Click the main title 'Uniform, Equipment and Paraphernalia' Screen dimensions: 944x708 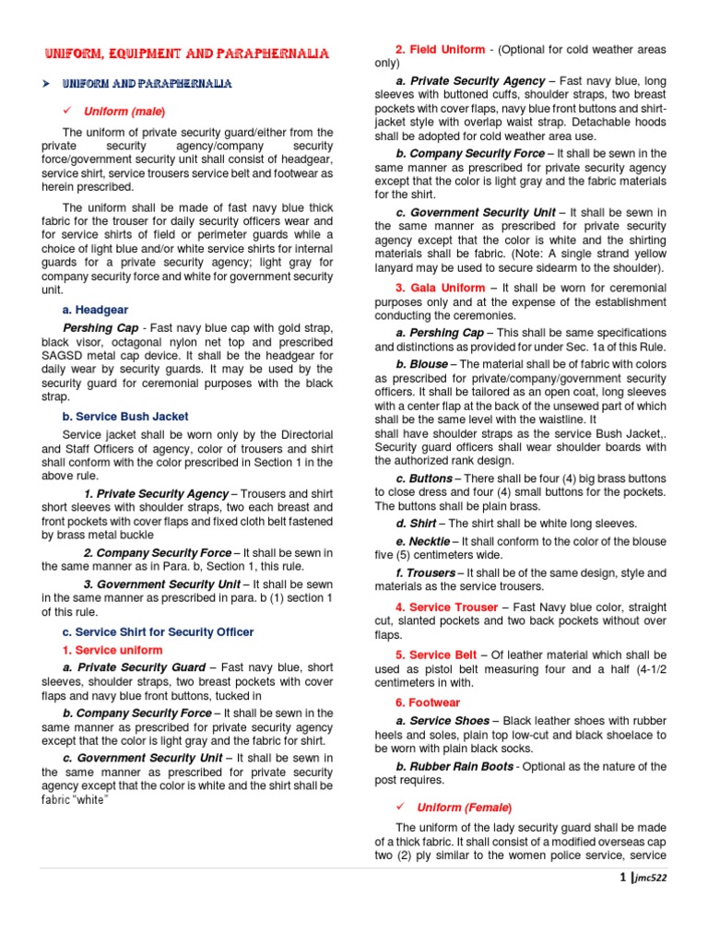coord(187,55)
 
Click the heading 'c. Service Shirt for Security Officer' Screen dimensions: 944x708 coord(158,631)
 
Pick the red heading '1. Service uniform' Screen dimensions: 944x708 coord(112,650)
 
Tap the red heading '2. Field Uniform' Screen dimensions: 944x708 coord(440,50)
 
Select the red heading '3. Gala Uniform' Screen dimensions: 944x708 coord(440,289)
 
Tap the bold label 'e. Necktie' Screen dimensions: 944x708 coord(423,541)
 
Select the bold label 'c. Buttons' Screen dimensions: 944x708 coord(424,478)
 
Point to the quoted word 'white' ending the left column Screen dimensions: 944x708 coord(91,799)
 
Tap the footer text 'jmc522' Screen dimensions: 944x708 coord(650,878)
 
